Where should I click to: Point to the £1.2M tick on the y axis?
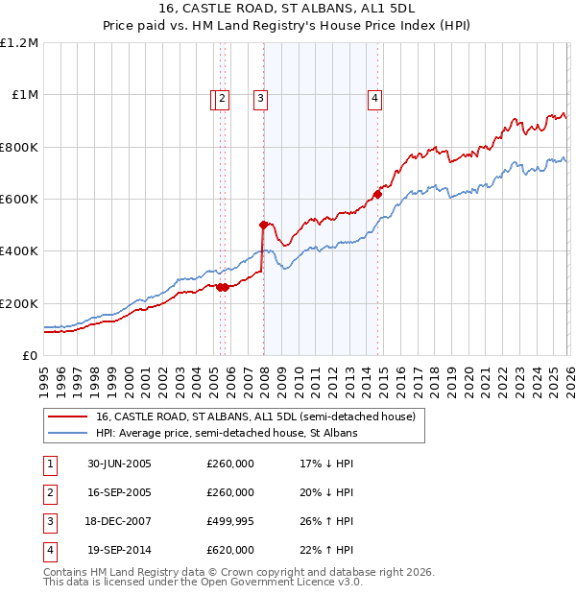click(19, 43)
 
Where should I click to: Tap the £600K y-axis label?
click(19, 200)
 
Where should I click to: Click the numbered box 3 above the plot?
click(260, 97)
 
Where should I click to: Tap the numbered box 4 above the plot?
click(374, 97)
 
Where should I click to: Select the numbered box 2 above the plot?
click(223, 97)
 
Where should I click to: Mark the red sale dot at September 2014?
click(377, 194)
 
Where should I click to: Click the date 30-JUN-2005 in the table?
click(119, 464)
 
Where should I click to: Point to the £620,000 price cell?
click(229, 550)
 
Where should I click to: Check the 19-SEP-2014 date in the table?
click(119, 550)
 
